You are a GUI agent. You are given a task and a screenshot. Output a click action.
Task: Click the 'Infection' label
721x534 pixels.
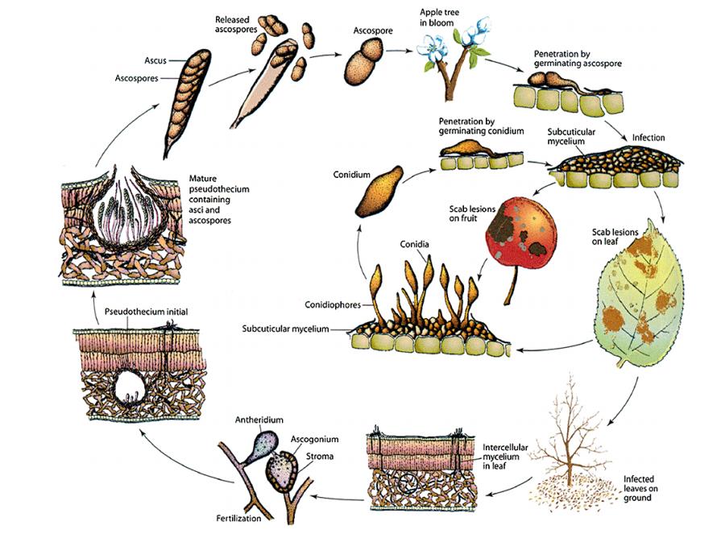coord(648,138)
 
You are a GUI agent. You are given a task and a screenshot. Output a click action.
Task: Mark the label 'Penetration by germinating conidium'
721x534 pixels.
coord(481,126)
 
